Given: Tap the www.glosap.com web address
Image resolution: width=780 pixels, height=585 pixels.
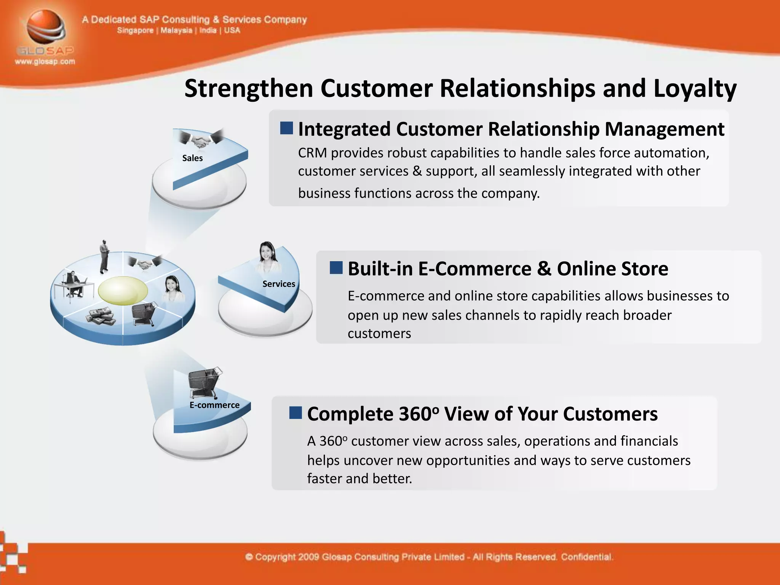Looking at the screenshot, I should pos(45,62).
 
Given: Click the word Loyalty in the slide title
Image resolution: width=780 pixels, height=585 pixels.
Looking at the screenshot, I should pos(695,89).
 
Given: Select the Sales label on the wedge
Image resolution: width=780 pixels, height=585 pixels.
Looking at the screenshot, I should pos(192,158).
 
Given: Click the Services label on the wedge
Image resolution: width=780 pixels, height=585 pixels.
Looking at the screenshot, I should pos(278,284).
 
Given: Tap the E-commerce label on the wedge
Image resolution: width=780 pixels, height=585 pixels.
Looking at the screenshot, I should pos(214,405).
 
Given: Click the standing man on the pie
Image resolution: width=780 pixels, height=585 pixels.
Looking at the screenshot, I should pos(104,257).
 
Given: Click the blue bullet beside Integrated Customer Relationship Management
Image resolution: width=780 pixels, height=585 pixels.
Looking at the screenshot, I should pos(286,128).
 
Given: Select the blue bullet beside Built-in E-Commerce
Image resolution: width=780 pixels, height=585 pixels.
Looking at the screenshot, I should pos(336,268).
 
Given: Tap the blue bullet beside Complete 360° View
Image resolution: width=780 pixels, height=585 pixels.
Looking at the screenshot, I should pos(296,412).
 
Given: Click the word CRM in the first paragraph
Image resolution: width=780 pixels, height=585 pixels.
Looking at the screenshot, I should pos(312,153).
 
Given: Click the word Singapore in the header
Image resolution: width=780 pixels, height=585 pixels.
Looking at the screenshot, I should pos(135,30).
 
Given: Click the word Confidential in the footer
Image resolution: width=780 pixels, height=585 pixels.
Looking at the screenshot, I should pos(587,557).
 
